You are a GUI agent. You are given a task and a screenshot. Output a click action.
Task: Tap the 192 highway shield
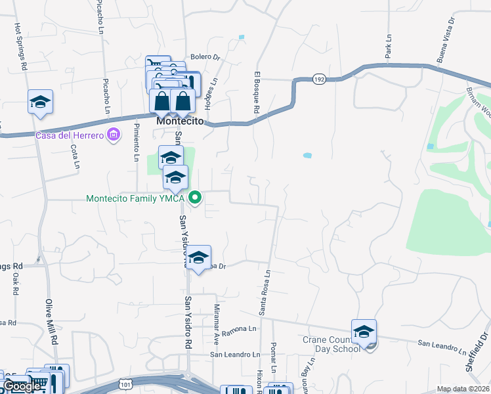[x=319, y=79]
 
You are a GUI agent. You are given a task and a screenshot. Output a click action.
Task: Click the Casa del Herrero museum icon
[x=114, y=135]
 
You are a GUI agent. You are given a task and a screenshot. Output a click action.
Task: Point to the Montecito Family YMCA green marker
[x=195, y=197]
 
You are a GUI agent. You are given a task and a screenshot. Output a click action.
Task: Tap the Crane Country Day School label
[x=331, y=343]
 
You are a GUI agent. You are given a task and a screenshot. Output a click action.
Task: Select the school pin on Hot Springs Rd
[x=40, y=102]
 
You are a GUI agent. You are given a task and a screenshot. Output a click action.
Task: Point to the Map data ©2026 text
[x=463, y=389]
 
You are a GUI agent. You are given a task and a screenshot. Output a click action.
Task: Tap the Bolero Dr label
[x=205, y=57]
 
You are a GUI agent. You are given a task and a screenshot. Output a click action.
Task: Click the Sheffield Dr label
[x=477, y=351]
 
